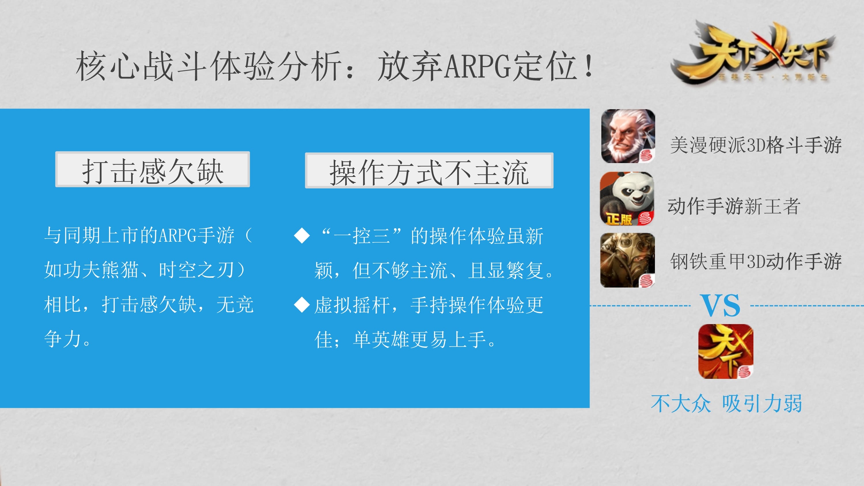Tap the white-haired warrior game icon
click(x=628, y=136)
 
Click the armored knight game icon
click(x=628, y=260)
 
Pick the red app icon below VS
click(x=726, y=351)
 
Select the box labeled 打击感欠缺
click(x=153, y=169)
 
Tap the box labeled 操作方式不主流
click(x=429, y=170)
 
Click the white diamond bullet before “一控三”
click(x=302, y=235)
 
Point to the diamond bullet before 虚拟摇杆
click(x=302, y=305)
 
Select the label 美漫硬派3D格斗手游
click(x=756, y=145)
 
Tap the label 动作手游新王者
click(x=734, y=206)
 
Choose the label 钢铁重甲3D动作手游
click(x=756, y=261)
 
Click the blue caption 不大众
click(x=681, y=403)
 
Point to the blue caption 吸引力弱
click(x=762, y=403)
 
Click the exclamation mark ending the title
click(x=589, y=66)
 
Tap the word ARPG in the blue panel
click(x=177, y=235)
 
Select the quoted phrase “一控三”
click(x=362, y=235)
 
